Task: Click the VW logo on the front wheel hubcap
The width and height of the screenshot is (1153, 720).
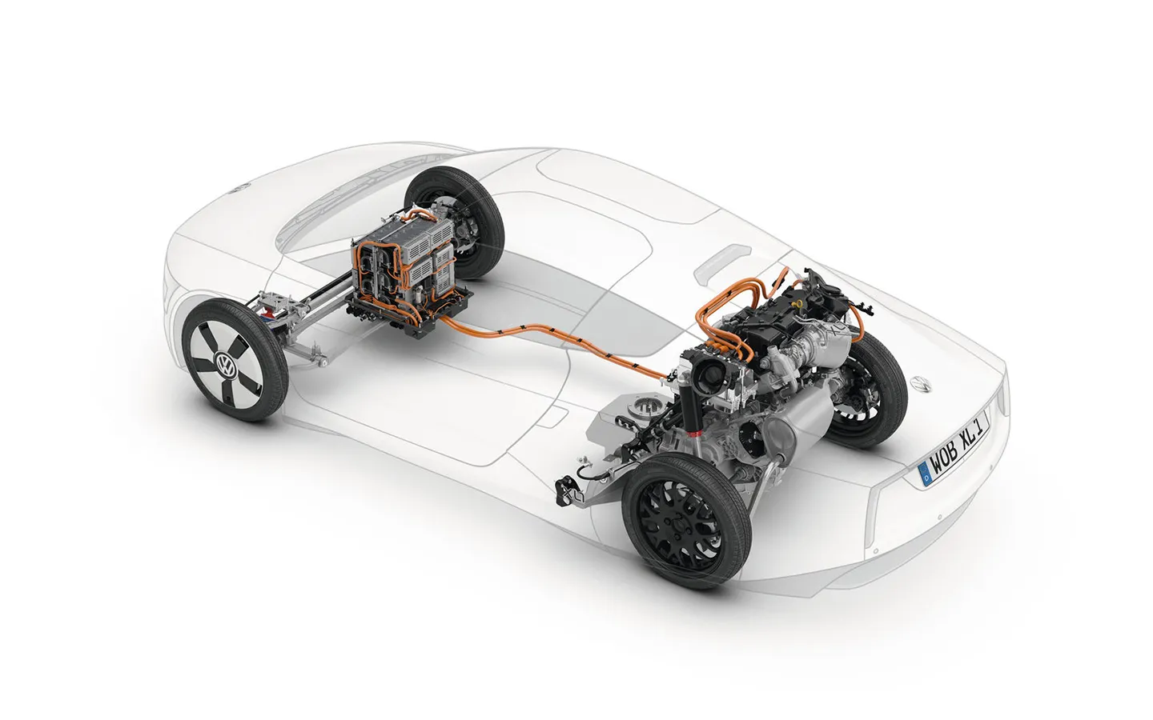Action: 226,364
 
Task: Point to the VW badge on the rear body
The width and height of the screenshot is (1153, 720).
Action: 919,384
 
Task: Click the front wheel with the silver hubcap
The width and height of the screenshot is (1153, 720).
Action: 234,359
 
